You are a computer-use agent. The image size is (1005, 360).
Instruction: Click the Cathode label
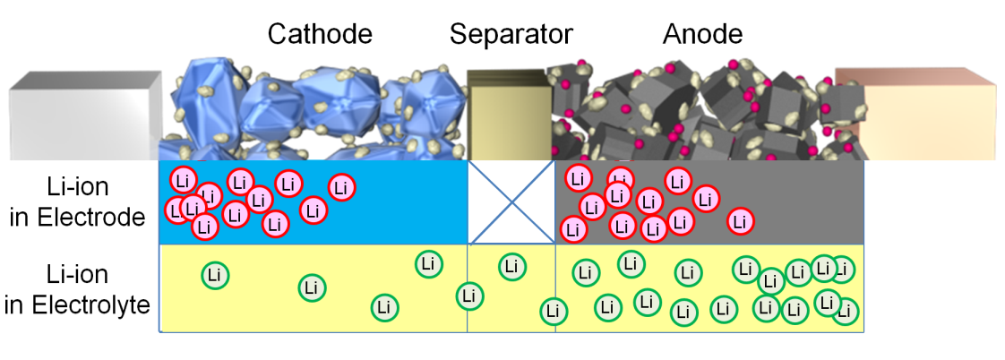pyautogui.click(x=320, y=35)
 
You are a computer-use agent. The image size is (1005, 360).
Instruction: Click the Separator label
pyautogui.click(x=511, y=35)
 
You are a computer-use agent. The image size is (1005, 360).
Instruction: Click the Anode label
pyautogui.click(x=702, y=35)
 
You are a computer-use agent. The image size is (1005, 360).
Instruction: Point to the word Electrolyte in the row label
pyautogui.click(x=77, y=304)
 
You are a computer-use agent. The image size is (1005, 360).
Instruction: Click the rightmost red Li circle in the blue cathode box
pyautogui.click(x=341, y=187)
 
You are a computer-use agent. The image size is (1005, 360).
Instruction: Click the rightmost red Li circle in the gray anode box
pyautogui.click(x=739, y=220)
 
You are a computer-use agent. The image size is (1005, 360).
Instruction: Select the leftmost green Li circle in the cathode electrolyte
pyautogui.click(x=213, y=275)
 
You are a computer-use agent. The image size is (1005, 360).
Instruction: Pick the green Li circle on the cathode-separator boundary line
pyautogui.click(x=467, y=296)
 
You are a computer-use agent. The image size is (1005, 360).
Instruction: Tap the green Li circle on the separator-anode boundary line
pyautogui.click(x=554, y=312)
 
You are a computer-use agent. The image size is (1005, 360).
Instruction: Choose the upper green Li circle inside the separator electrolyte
pyautogui.click(x=511, y=265)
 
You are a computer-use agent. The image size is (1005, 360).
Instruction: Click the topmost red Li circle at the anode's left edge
pyautogui.click(x=578, y=178)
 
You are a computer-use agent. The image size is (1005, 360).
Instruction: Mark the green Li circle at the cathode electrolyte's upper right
pyautogui.click(x=429, y=264)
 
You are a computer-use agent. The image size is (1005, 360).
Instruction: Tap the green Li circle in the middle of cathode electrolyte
pyautogui.click(x=312, y=288)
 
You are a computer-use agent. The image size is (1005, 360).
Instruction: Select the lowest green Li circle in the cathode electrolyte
pyautogui.click(x=385, y=307)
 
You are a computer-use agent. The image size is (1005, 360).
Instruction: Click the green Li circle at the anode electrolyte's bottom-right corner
pyautogui.click(x=845, y=313)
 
